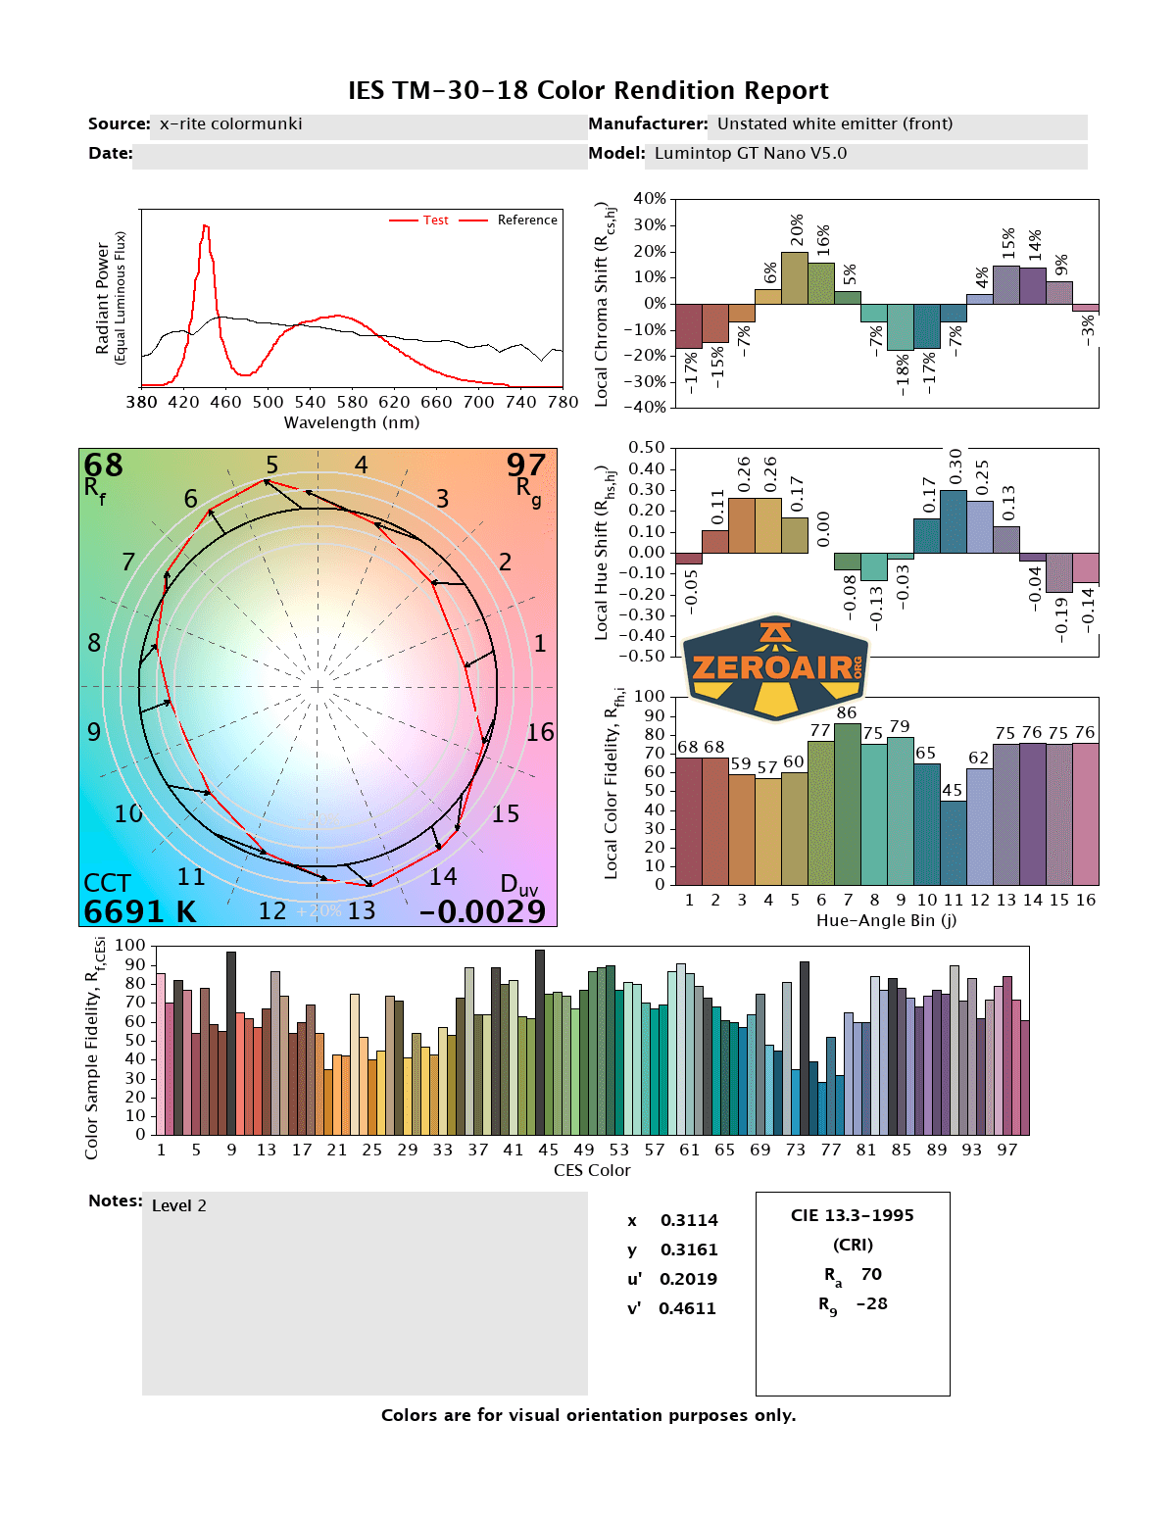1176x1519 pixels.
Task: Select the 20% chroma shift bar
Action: click(795, 278)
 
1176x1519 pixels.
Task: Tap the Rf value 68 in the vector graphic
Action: click(103, 465)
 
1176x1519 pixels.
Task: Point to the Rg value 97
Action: click(525, 465)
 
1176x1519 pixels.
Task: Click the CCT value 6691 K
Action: click(139, 911)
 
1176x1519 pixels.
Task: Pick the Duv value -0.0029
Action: click(482, 911)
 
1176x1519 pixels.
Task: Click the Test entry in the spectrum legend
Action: click(435, 220)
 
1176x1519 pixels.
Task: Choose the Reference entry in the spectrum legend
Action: click(526, 220)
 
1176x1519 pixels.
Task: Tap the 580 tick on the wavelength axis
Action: click(352, 402)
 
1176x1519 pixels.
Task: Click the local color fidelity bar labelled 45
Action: click(953, 843)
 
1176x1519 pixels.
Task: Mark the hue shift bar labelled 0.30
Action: click(954, 521)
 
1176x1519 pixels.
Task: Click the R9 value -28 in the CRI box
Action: click(871, 1303)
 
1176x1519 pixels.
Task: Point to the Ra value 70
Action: click(871, 1274)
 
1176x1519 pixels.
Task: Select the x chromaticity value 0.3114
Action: click(689, 1220)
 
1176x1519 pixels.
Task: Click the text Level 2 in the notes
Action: click(179, 1205)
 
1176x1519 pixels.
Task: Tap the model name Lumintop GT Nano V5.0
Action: click(750, 153)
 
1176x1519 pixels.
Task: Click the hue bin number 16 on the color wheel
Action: click(540, 732)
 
